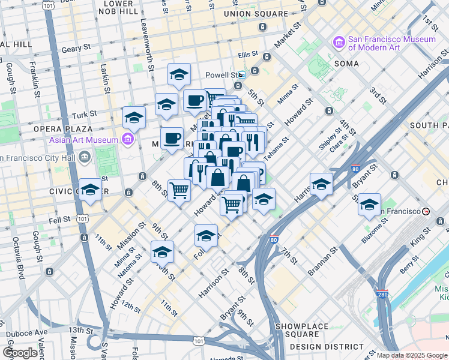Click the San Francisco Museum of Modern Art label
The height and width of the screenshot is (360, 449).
pyautogui.click(x=391, y=43)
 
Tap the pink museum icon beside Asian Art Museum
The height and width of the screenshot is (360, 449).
pyautogui.click(x=127, y=140)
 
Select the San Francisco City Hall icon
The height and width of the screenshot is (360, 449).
pyautogui.click(x=85, y=158)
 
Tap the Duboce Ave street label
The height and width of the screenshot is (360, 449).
pyautogui.click(x=26, y=332)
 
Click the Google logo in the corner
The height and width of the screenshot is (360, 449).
pyautogui.click(x=20, y=352)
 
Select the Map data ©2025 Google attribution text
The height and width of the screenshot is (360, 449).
pyautogui.click(x=412, y=355)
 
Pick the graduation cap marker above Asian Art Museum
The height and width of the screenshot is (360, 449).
pyautogui.click(x=134, y=117)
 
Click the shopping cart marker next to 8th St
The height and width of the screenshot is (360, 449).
pyautogui.click(x=179, y=190)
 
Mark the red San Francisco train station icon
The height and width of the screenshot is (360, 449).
pyautogui.click(x=426, y=212)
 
